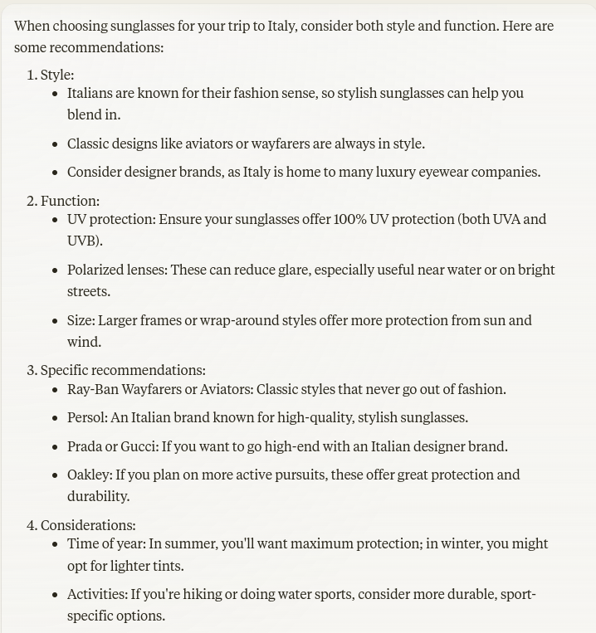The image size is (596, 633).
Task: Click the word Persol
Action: tap(86, 417)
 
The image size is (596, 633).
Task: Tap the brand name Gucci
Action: tap(139, 446)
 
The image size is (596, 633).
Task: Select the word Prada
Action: tap(85, 446)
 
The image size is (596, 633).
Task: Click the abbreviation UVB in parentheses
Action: tap(83, 241)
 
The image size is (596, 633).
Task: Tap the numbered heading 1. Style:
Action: tap(50, 75)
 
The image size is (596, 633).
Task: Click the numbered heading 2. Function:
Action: tap(62, 201)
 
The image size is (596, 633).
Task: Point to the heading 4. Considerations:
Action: tap(81, 525)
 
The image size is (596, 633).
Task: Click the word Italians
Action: tap(93, 93)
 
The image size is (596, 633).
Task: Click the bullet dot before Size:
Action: tap(56, 321)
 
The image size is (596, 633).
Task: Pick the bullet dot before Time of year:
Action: tap(56, 544)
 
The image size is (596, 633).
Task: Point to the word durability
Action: tap(98, 496)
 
